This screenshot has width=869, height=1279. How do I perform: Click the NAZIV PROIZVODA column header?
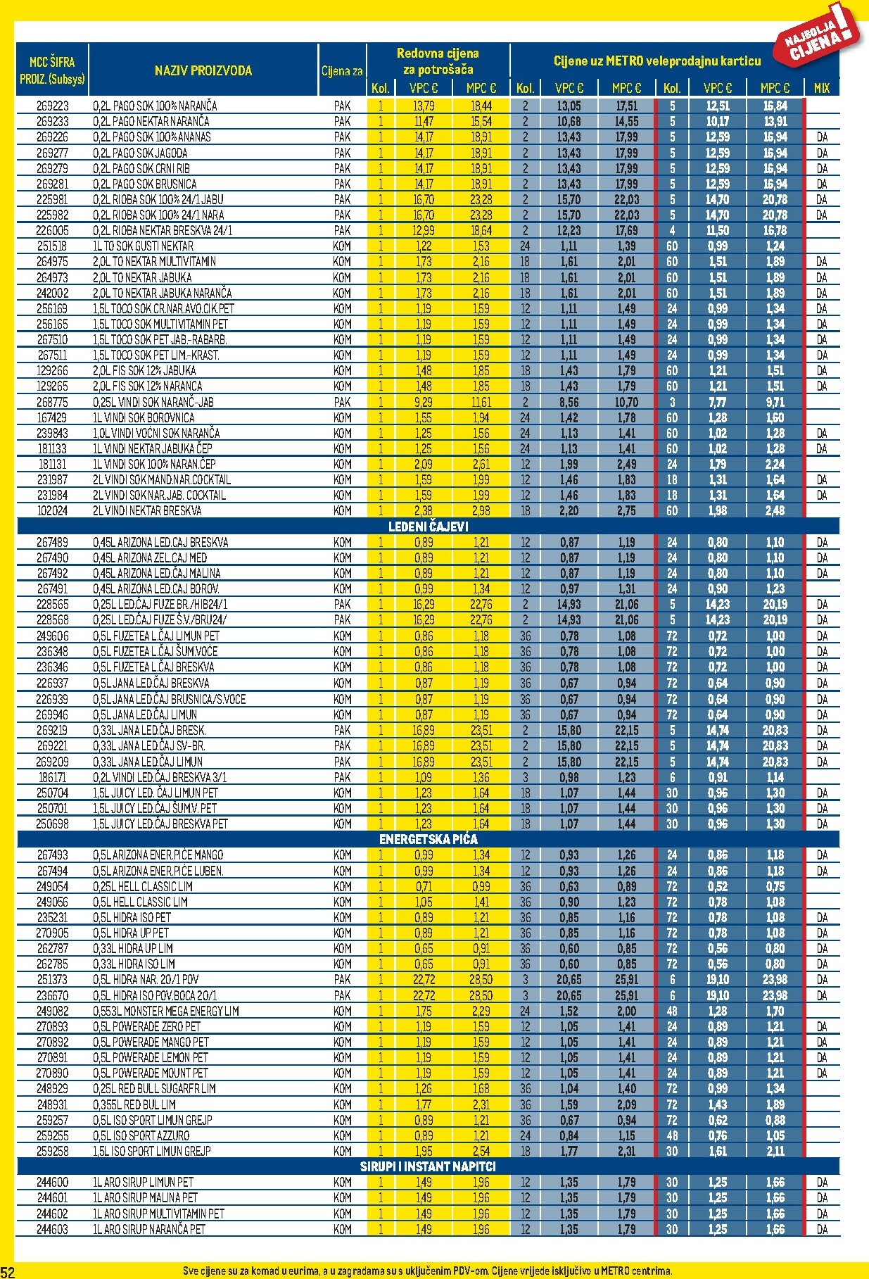point(203,70)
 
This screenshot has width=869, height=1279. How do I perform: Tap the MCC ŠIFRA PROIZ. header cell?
point(52,70)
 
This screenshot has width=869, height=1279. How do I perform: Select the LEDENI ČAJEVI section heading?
point(428,527)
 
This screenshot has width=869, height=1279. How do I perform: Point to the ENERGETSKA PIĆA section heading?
point(428,839)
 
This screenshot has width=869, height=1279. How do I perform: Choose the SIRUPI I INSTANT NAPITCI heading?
point(428,1166)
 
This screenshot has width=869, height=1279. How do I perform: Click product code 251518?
point(52,246)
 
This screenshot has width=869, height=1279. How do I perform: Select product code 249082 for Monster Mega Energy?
point(52,1011)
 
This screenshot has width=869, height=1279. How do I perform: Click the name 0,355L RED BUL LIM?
point(134,1104)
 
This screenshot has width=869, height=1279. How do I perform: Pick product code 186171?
point(52,777)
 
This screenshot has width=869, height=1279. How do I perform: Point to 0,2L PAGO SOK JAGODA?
point(140,153)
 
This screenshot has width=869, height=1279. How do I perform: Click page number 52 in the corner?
point(8,1271)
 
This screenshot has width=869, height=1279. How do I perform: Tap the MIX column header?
point(822,88)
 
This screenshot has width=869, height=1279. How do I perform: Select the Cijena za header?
point(342,70)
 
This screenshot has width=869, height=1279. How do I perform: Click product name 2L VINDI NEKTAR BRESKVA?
point(147,511)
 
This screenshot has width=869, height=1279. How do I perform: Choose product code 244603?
point(52,1229)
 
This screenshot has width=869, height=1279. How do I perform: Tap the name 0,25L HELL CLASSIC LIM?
point(143,886)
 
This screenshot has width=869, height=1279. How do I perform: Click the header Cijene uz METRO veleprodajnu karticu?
point(657,61)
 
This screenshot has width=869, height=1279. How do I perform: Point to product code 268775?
point(52,402)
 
